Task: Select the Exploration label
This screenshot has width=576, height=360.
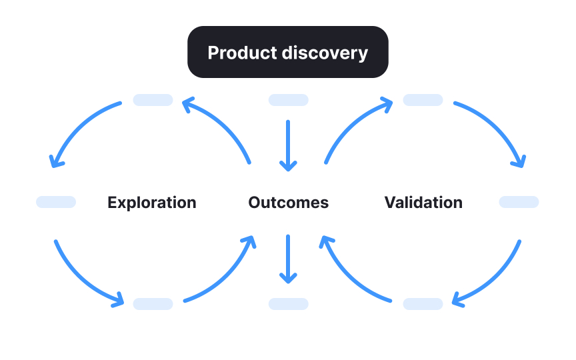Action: pyautogui.click(x=152, y=203)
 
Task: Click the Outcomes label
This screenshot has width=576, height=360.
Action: pyautogui.click(x=288, y=203)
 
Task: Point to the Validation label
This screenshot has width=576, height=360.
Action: pyautogui.click(x=423, y=203)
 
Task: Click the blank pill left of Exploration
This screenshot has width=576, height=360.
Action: pyautogui.click(x=56, y=202)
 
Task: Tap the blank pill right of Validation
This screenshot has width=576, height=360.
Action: pyautogui.click(x=519, y=202)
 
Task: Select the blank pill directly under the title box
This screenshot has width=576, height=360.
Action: pyautogui.click(x=288, y=100)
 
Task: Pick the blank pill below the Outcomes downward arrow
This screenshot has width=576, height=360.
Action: pyautogui.click(x=288, y=304)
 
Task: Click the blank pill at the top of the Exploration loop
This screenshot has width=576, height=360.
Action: pyautogui.click(x=153, y=100)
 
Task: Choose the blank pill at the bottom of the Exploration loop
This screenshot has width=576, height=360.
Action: pyautogui.click(x=153, y=304)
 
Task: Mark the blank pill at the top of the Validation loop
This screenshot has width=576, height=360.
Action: pyautogui.click(x=423, y=100)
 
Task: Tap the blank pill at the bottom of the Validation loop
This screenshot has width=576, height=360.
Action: pyautogui.click(x=423, y=304)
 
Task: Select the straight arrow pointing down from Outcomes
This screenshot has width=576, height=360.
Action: pyautogui.click(x=288, y=258)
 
